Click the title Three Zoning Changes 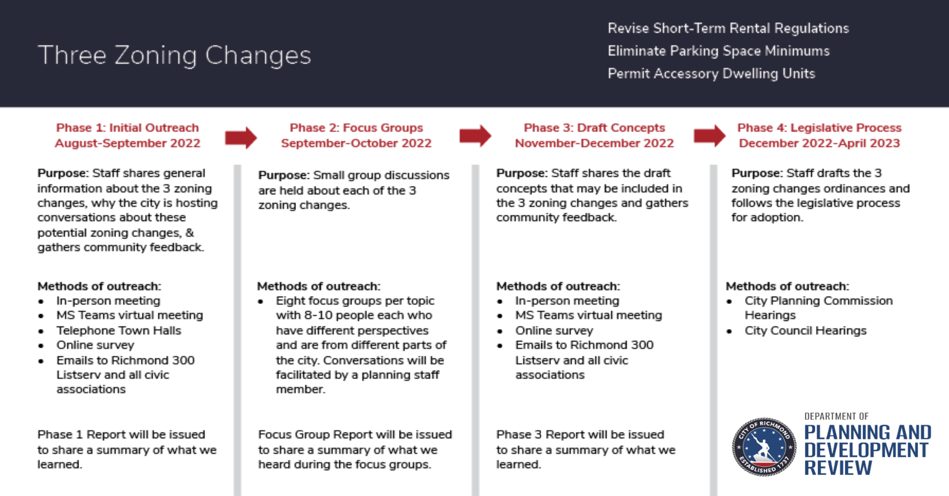pyautogui.click(x=174, y=56)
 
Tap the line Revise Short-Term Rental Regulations pyautogui.click(x=728, y=28)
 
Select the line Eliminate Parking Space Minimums pyautogui.click(x=719, y=51)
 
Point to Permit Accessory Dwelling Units pyautogui.click(x=712, y=74)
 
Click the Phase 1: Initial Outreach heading pyautogui.click(x=128, y=128)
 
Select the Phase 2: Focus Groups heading pyautogui.click(x=356, y=128)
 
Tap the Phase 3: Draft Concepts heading pyautogui.click(x=594, y=128)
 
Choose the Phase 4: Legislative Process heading pyautogui.click(x=820, y=128)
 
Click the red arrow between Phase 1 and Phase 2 pyautogui.click(x=241, y=138)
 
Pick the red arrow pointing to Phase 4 pyautogui.click(x=709, y=136)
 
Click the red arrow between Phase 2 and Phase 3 pyautogui.click(x=475, y=136)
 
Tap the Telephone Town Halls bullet pyautogui.click(x=119, y=330)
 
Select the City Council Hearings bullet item pyautogui.click(x=805, y=330)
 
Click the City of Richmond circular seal pyautogui.click(x=764, y=446)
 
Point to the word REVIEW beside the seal pyautogui.click(x=838, y=468)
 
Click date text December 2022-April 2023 pyautogui.click(x=820, y=143)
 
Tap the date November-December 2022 pyautogui.click(x=594, y=143)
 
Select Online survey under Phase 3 pyautogui.click(x=554, y=330)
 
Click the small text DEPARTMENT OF pyautogui.click(x=836, y=416)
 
